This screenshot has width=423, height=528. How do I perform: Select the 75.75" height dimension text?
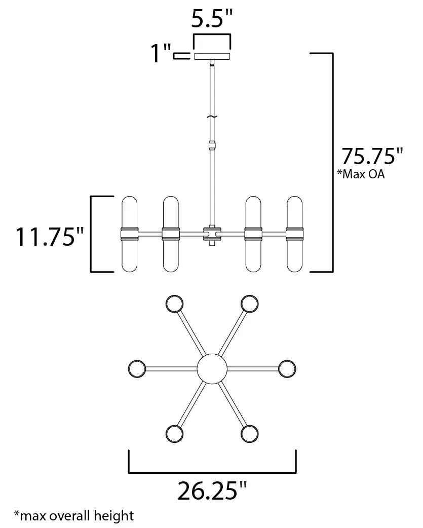tap(372, 156)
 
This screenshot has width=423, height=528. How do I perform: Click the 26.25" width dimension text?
tap(212, 491)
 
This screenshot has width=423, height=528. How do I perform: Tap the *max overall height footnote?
tap(74, 516)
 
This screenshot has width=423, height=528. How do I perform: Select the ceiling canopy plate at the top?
tap(212, 56)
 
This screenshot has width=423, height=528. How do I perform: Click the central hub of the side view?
tap(212, 234)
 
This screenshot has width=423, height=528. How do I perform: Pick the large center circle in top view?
tap(212, 368)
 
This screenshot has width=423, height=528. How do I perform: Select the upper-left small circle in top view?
tap(175, 304)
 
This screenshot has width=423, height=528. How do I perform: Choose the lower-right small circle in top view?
tap(249, 433)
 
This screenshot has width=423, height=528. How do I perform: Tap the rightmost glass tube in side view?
tap(294, 234)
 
